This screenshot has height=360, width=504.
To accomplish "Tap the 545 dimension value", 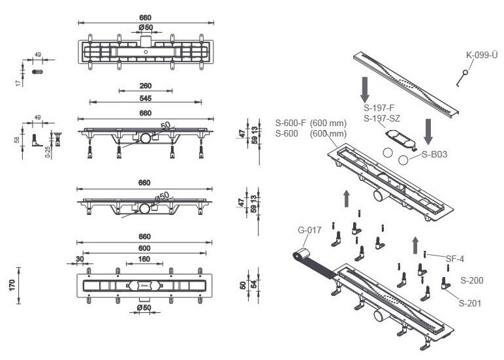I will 146,99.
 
